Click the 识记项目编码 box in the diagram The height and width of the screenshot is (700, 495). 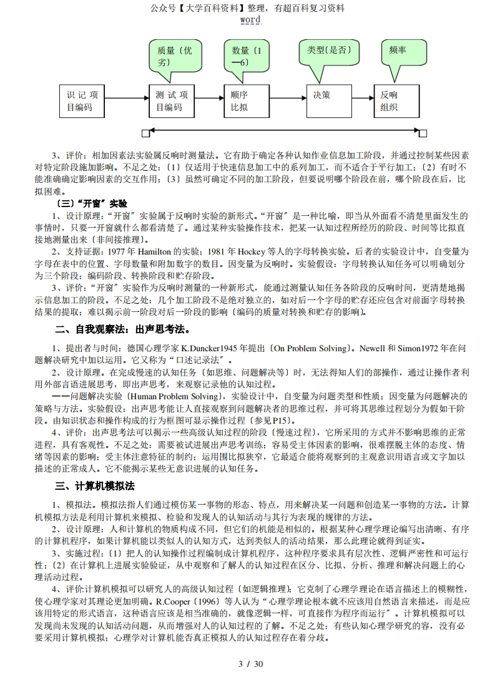coord(82,101)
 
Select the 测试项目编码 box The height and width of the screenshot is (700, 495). coord(172,101)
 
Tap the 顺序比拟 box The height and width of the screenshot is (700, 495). coord(245,101)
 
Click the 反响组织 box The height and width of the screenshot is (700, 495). coord(396,101)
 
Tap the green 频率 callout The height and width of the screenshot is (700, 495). coord(404,52)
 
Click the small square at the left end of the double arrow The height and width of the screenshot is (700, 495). coord(145,132)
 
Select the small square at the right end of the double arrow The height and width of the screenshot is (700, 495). coord(423,132)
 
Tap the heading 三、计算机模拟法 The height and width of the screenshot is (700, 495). coord(96,486)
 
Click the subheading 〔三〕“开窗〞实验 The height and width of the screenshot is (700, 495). coord(91,203)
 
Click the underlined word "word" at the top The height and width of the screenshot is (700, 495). coord(250,19)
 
